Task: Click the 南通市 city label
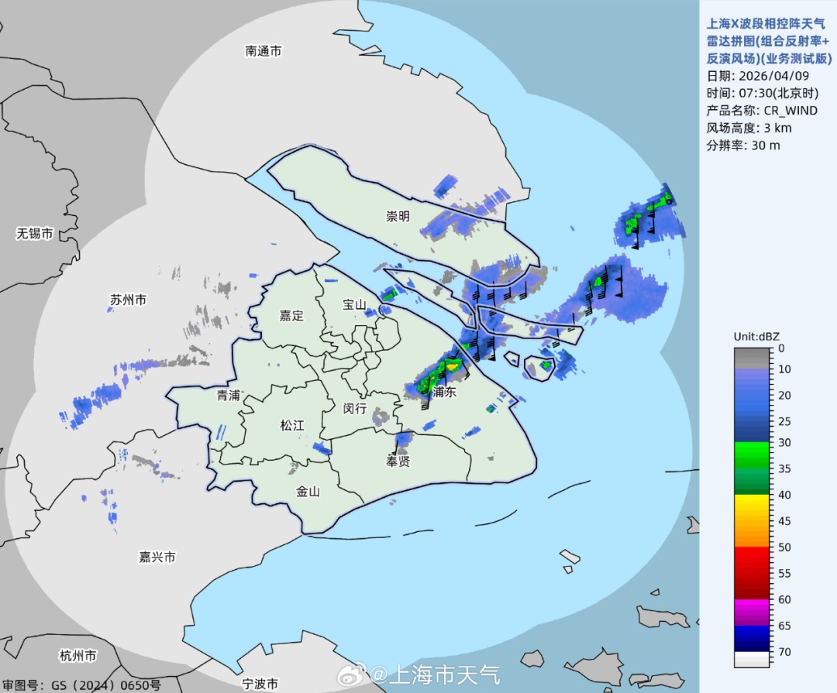(263, 51)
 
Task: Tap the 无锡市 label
(35, 233)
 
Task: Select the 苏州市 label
(129, 300)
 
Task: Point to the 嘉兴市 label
(157, 557)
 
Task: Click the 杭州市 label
(78, 656)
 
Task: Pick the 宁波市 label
(260, 684)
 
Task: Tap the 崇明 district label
(398, 216)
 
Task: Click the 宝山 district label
(354, 304)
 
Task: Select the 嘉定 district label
(291, 315)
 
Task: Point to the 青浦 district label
(228, 395)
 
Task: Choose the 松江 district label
(292, 425)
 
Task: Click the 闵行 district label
(354, 408)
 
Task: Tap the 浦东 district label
(445, 393)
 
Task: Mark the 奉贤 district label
(398, 461)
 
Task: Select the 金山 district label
(308, 491)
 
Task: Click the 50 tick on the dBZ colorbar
(784, 547)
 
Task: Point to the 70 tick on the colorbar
(784, 652)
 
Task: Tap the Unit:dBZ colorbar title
(756, 336)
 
